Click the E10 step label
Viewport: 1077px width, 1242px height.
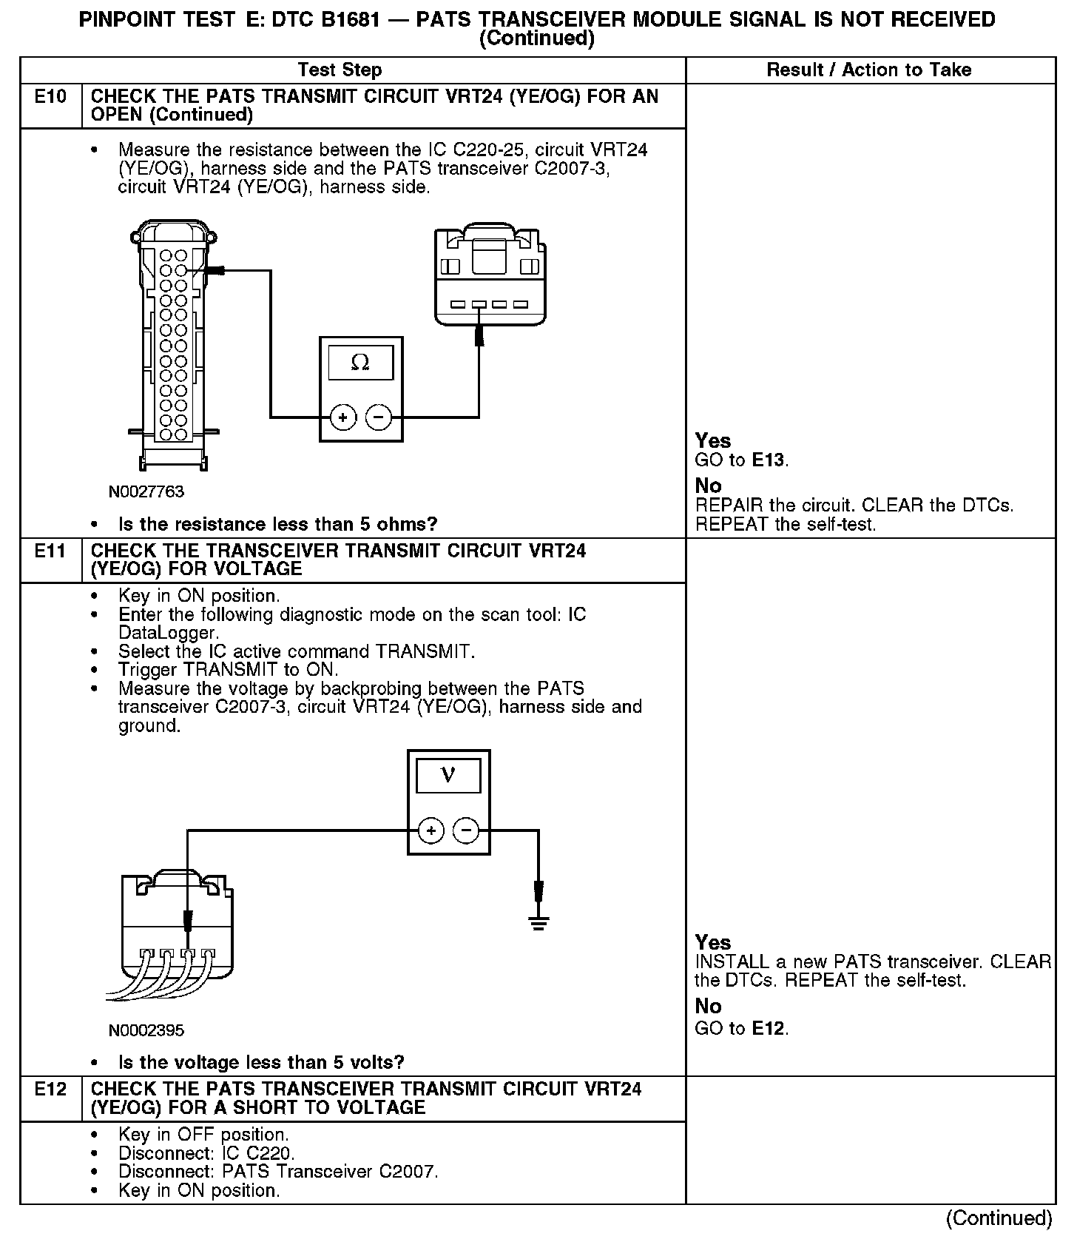50,97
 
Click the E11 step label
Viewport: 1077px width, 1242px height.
50,551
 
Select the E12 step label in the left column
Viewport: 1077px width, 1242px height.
50,1090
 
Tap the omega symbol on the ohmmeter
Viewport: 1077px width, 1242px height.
360,362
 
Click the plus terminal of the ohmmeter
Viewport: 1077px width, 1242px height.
342,418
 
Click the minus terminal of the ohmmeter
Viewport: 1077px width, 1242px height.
379,418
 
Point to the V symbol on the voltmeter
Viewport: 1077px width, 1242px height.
448,775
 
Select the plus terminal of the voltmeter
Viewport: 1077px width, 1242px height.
431,830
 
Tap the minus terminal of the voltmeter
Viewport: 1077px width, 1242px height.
466,830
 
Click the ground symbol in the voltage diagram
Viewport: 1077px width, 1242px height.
538,922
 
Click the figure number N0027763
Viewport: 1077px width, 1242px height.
146,491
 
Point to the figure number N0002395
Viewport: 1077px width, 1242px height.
146,1030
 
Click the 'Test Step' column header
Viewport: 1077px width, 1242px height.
340,70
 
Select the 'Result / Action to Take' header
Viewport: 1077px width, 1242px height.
868,70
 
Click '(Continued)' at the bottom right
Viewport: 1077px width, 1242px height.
999,1218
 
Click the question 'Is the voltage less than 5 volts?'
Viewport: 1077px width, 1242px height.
261,1063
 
